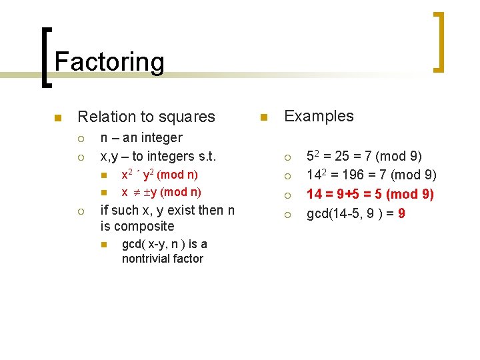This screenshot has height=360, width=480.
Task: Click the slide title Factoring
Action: coord(109,61)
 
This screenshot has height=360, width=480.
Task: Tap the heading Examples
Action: coord(319,116)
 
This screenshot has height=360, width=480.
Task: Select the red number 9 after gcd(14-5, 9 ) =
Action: coord(401,214)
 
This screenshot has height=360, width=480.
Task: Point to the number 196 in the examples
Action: coord(356,176)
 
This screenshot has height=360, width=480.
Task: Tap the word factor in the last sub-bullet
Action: coord(189,259)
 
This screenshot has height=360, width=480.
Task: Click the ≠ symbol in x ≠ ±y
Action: coord(135,192)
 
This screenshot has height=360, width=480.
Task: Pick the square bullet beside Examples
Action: coord(265,118)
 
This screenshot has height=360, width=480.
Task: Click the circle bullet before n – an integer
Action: coord(79,139)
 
